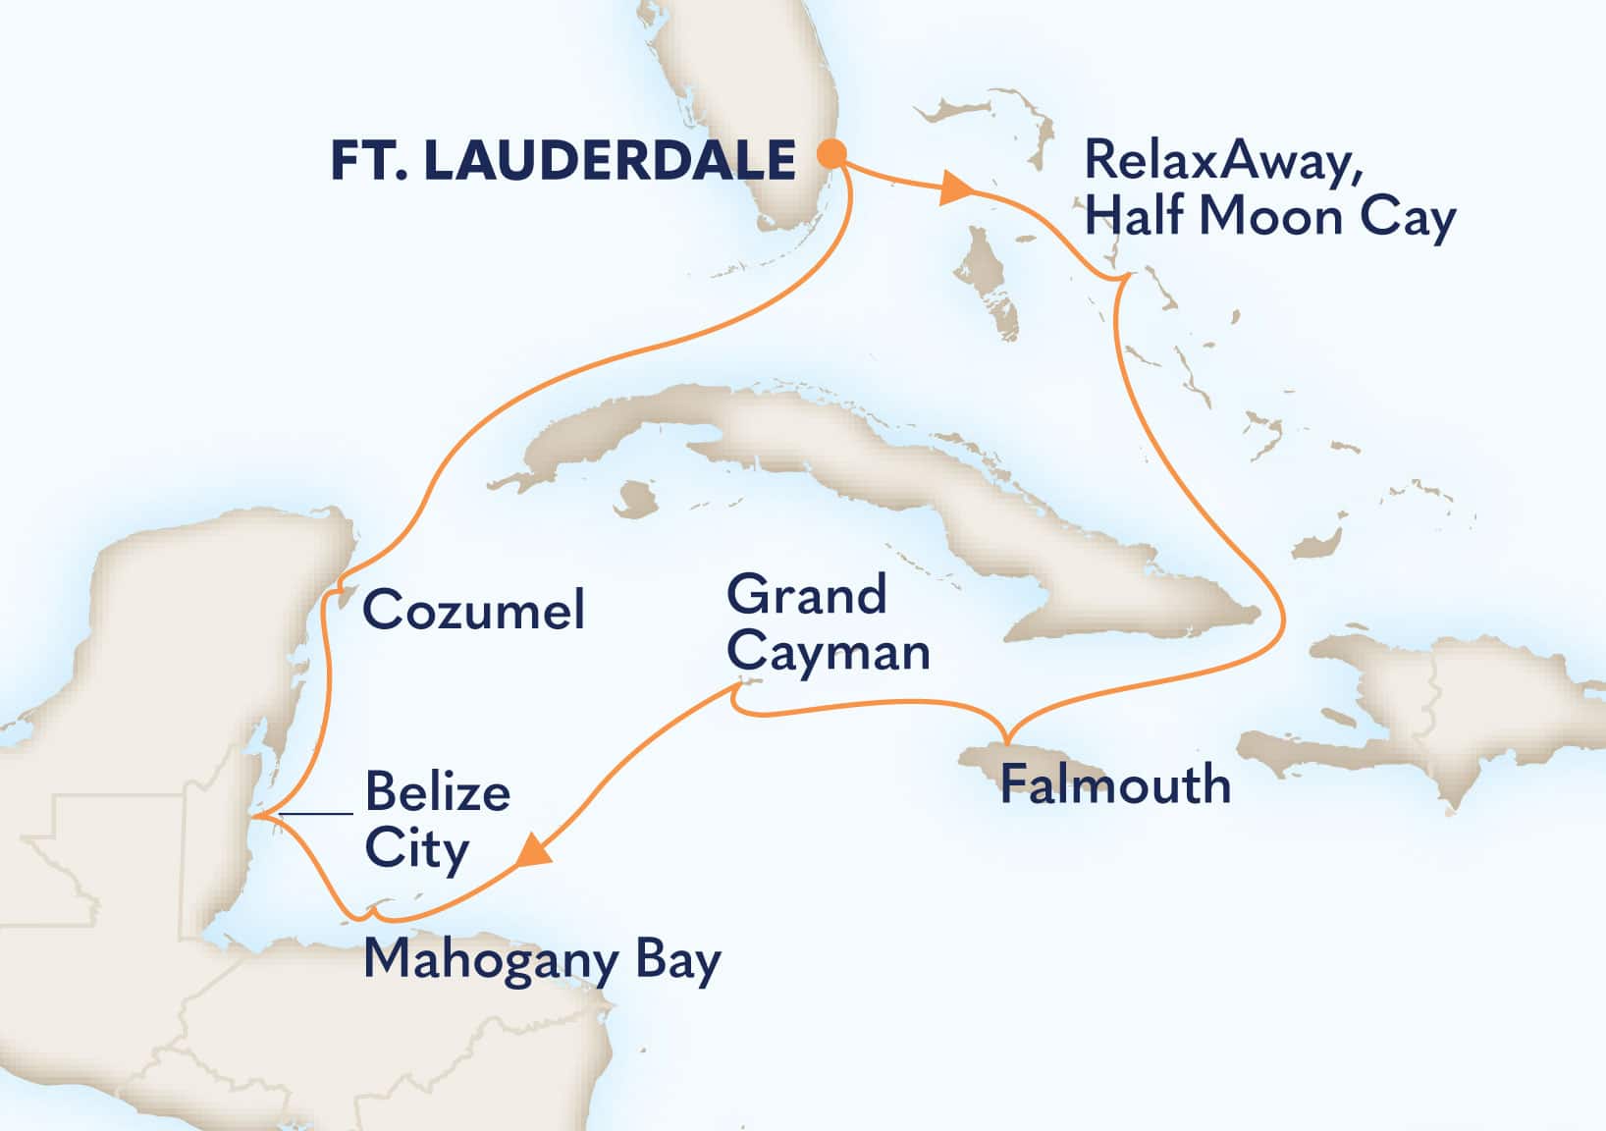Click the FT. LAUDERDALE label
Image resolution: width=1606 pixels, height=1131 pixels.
tap(562, 160)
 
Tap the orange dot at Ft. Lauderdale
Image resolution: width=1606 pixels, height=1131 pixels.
tap(831, 153)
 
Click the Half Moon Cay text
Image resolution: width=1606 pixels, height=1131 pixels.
tap(1270, 217)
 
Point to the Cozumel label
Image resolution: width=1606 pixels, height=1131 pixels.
tap(473, 611)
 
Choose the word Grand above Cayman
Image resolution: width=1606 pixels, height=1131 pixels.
tap(807, 596)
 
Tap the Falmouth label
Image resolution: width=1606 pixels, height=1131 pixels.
tap(1115, 785)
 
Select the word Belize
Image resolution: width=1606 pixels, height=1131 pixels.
tap(438, 791)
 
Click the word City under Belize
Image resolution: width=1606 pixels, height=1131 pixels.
tap(416, 849)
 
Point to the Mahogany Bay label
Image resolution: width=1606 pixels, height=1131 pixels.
tap(542, 960)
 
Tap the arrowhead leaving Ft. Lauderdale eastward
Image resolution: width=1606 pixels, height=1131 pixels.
tap(953, 188)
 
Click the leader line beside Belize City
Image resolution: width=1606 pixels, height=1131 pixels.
tap(315, 814)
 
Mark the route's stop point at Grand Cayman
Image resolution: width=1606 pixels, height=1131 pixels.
tap(738, 691)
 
